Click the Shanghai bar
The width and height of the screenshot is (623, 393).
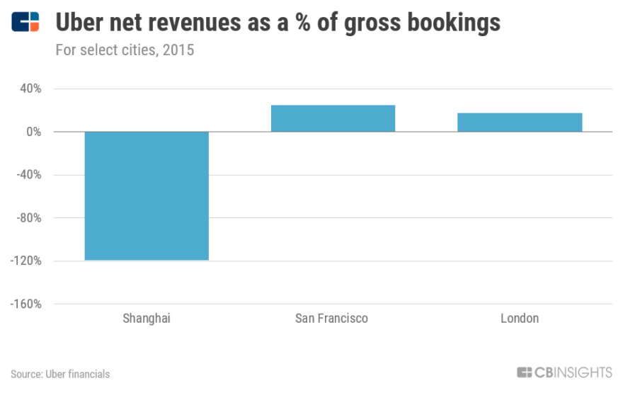click(147, 196)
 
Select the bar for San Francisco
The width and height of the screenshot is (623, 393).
click(333, 118)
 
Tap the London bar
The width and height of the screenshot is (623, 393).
click(520, 123)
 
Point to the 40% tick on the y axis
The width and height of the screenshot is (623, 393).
click(30, 89)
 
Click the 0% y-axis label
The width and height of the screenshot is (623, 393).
click(33, 132)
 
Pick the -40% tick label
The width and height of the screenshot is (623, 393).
click(29, 175)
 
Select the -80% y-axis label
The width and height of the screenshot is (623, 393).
click(29, 218)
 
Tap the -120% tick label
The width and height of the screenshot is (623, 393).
click(26, 261)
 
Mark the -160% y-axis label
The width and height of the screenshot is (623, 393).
click(26, 304)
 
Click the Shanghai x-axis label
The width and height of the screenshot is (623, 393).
click(147, 319)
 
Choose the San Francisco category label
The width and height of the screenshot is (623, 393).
click(332, 319)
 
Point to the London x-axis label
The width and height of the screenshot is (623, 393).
click(520, 319)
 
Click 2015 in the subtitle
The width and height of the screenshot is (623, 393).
click(180, 50)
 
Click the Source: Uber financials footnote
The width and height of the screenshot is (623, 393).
click(60, 374)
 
